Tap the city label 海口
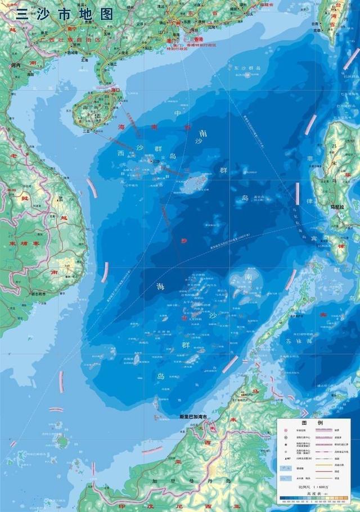[116, 89]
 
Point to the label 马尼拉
[337, 206]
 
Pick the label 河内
[15, 66]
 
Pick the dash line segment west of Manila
[297, 193]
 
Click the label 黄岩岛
[259, 197]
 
